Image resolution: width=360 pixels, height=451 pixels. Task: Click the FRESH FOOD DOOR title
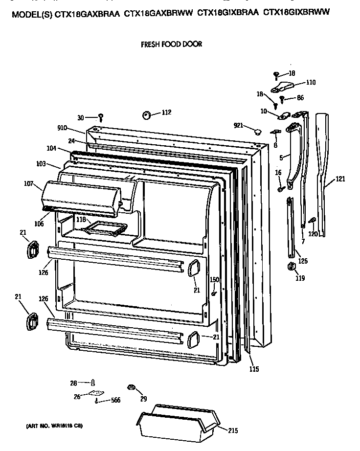[x=171, y=44]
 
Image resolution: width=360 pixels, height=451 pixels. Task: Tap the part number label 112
[x=166, y=113]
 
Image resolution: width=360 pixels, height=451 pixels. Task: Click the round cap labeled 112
[x=147, y=115]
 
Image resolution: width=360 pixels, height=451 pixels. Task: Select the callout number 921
[x=238, y=126]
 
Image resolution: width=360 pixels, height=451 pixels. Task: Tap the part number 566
[x=116, y=401]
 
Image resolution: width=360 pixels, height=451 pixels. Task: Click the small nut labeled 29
[x=131, y=387]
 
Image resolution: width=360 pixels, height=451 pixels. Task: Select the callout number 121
[x=340, y=179]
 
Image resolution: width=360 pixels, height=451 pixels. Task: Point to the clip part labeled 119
[x=289, y=266]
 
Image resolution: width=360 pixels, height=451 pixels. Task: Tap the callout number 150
[x=214, y=279]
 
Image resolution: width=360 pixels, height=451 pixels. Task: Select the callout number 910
[x=63, y=129]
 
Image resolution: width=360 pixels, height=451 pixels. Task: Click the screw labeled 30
[x=101, y=117]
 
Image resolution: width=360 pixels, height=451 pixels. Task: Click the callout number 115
[x=253, y=369]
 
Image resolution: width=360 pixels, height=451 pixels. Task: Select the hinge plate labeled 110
[x=284, y=87]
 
